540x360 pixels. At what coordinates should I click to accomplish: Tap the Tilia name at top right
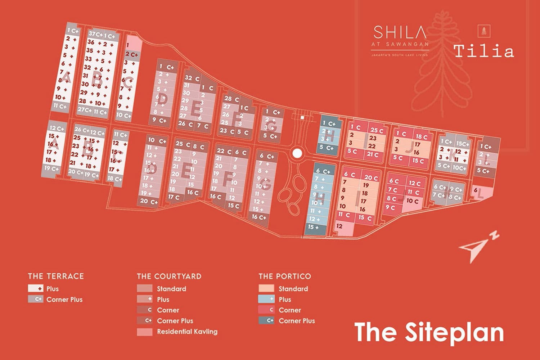[483, 51]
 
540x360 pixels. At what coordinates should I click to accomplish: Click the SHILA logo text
[400, 32]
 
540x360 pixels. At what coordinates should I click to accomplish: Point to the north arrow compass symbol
[477, 247]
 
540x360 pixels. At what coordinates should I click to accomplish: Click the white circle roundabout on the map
[297, 153]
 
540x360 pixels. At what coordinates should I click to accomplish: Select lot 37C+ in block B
[95, 34]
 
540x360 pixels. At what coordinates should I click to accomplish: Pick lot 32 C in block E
[192, 78]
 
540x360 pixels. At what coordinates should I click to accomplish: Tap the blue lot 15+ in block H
[313, 227]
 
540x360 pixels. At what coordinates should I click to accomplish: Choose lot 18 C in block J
[422, 137]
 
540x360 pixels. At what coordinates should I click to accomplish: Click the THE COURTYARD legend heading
[169, 276]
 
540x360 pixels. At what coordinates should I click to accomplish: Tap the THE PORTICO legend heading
[284, 276]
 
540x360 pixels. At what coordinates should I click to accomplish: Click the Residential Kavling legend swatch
[144, 332]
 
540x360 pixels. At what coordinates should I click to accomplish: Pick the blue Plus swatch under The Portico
[266, 299]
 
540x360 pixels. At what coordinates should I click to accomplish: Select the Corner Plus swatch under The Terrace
[36, 299]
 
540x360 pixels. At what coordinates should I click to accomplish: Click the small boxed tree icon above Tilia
[484, 31]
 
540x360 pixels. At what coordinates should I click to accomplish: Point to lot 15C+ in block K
[462, 144]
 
